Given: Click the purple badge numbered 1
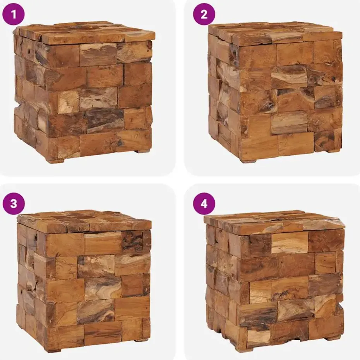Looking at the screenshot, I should (x=14, y=15).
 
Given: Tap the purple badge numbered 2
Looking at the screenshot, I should (x=204, y=15).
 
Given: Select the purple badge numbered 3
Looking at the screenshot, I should (x=14, y=204).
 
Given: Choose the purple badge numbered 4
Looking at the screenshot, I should (x=204, y=204).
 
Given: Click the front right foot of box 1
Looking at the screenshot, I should (x=142, y=151).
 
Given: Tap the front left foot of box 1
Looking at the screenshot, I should (x=55, y=161).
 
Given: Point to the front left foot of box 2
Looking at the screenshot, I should (x=248, y=161).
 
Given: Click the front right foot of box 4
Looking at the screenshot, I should (x=333, y=338).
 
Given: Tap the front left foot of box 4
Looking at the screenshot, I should (x=244, y=350).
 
